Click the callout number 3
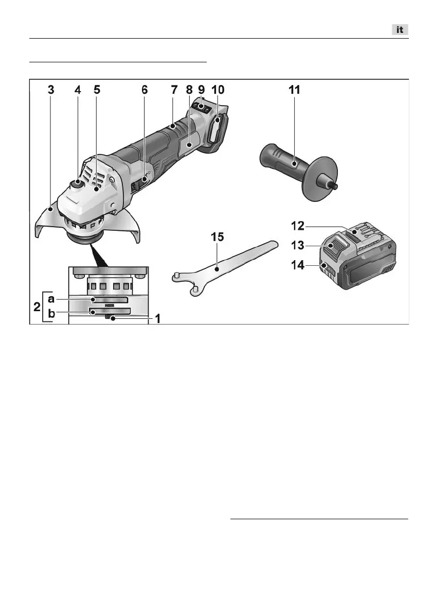tap(50, 89)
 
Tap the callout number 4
tap(78, 89)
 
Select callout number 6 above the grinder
tap(145, 89)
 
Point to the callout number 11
tap(294, 89)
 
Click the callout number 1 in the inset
tap(158, 319)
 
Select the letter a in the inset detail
tap(52, 299)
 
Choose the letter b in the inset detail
tap(52, 312)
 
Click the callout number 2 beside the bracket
tap(35, 306)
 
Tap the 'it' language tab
tap(399, 30)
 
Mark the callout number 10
tap(219, 89)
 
